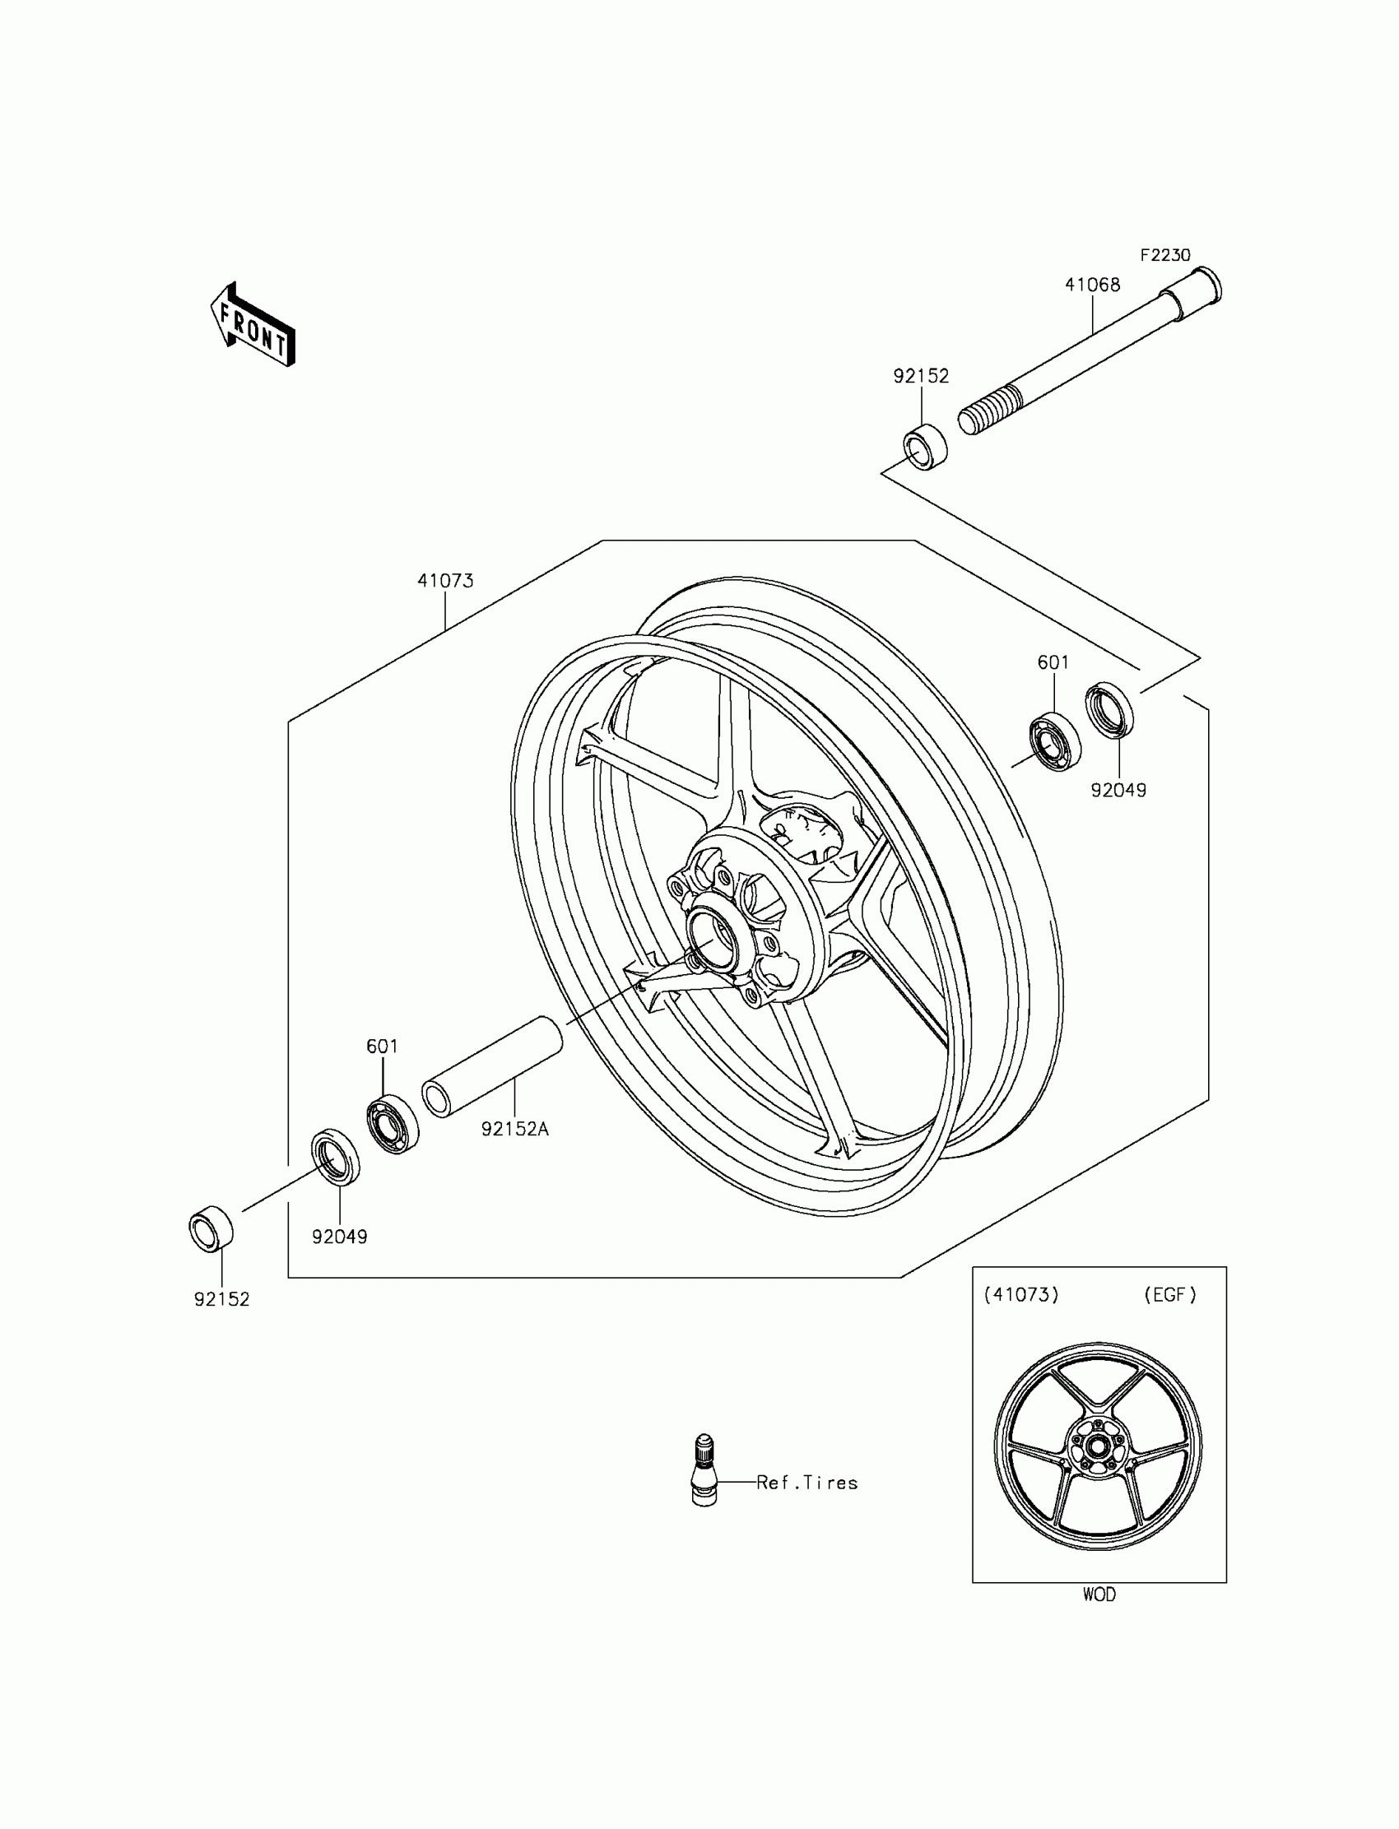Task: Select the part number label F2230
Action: (1165, 256)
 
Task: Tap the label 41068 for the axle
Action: (1093, 285)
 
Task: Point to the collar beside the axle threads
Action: (925, 447)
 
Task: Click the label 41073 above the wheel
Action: (445, 581)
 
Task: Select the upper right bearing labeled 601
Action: (1055, 742)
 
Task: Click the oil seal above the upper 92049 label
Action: (1109, 710)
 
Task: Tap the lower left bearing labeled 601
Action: (393, 1125)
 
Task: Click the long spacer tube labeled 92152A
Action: (491, 1066)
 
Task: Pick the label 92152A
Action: (514, 1130)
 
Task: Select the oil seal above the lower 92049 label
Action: (336, 1156)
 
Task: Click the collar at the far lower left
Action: (211, 1228)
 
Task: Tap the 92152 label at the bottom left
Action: (222, 1299)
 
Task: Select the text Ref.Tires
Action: (807, 1483)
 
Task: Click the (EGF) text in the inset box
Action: (1170, 1295)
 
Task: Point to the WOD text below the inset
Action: (1099, 1595)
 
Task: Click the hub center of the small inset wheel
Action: (1097, 1446)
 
